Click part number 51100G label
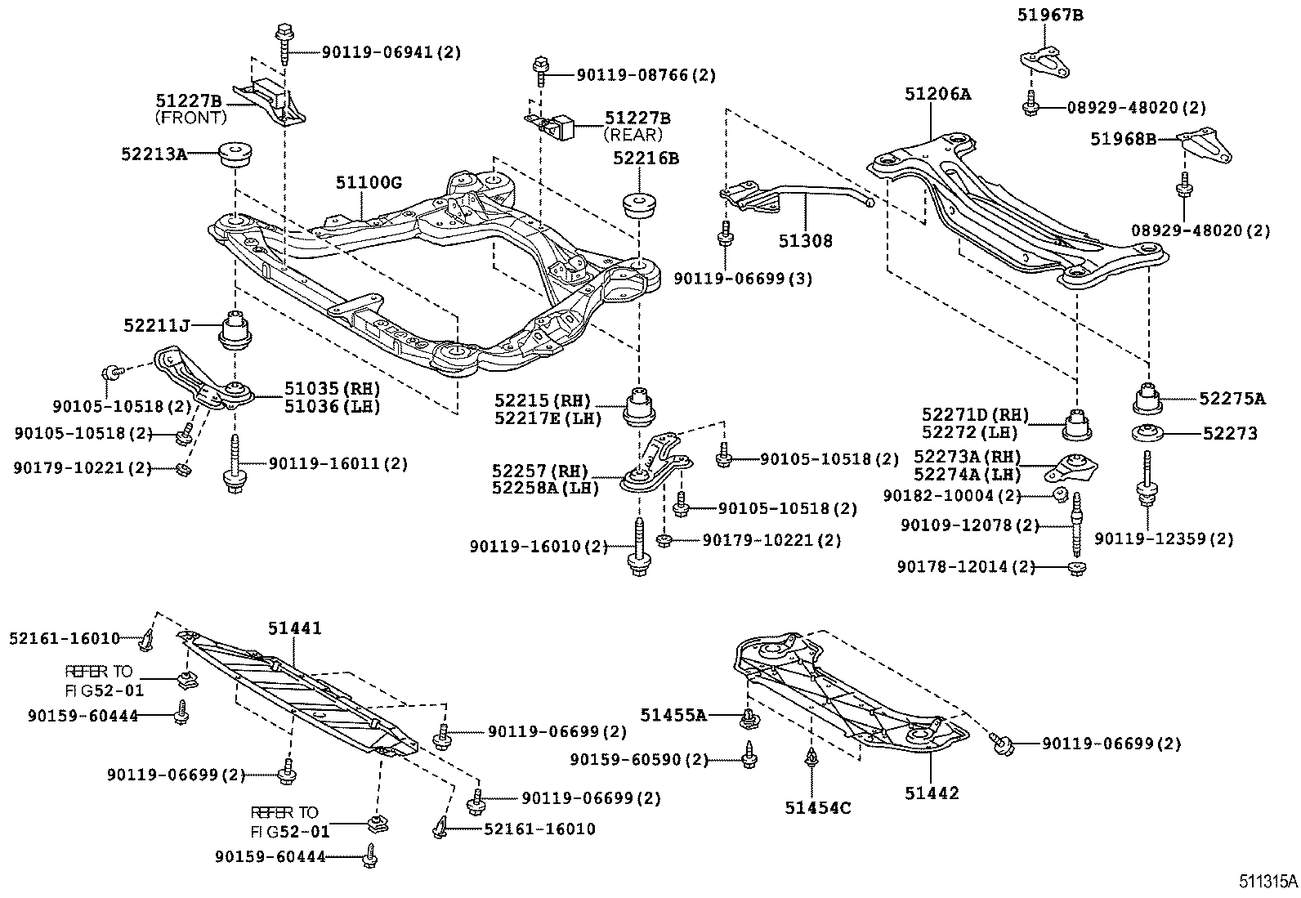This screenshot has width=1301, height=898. click(x=369, y=183)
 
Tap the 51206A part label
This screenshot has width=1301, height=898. click(x=937, y=94)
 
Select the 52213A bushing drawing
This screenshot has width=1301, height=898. click(x=235, y=154)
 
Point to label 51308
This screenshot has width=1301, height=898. click(x=805, y=240)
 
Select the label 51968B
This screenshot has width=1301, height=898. click(x=1124, y=140)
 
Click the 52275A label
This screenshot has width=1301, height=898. click(x=1232, y=399)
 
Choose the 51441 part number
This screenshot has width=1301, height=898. click(x=295, y=628)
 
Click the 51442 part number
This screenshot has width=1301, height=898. click(x=932, y=793)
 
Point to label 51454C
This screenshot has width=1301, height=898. click(x=818, y=809)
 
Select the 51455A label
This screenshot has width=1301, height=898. click(x=673, y=715)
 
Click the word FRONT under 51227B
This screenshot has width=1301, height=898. click(x=190, y=118)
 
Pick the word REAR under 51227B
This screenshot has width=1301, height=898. click(x=633, y=135)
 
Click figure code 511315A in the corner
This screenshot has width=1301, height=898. click(x=1267, y=882)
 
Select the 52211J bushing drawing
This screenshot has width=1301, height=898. click(x=237, y=328)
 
